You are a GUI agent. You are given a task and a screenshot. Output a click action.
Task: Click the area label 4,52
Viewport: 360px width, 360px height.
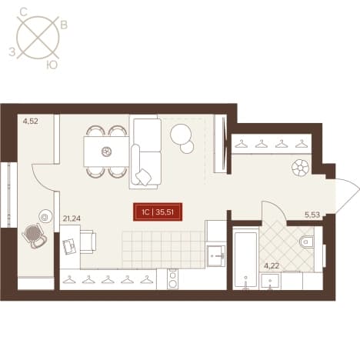coord(31,121)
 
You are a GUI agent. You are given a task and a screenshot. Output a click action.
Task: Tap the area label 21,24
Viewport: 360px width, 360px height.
coord(72,218)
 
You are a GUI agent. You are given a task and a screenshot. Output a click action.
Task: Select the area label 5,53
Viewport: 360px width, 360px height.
coord(312,215)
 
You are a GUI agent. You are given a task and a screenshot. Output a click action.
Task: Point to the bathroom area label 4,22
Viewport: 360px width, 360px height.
coord(272,266)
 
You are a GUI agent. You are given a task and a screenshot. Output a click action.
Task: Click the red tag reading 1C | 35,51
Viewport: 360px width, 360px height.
coord(158,212)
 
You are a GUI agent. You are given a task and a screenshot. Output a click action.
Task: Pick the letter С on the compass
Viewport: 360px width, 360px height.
coord(24,12)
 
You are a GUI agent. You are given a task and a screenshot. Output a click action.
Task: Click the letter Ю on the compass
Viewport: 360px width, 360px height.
coord(52,66)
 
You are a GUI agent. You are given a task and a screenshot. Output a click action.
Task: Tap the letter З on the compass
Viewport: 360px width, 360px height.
coord(12,52)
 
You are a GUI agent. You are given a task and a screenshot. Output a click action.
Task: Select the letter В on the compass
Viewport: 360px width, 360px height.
coord(64,25)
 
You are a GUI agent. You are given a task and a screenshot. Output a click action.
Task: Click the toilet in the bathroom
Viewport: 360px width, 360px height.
coord(306,242)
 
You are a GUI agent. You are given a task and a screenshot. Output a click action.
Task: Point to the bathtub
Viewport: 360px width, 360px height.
coord(245,259)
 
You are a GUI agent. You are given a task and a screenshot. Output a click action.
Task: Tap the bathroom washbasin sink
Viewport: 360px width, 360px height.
coord(270,281)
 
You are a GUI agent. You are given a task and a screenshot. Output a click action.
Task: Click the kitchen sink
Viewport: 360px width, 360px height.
coord(216,255)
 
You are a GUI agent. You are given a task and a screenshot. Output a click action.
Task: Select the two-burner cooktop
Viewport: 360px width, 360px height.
coord(172,278)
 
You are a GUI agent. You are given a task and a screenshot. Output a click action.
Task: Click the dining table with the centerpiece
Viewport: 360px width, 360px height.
coord(106,152)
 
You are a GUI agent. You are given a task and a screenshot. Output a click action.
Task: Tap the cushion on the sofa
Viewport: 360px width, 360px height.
coord(144,177)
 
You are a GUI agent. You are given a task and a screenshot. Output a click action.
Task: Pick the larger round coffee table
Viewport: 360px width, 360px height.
coord(181,134)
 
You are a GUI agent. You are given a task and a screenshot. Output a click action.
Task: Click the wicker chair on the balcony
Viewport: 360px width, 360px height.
coord(35,236)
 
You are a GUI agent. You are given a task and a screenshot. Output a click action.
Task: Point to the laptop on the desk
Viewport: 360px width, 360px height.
coord(69,247)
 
